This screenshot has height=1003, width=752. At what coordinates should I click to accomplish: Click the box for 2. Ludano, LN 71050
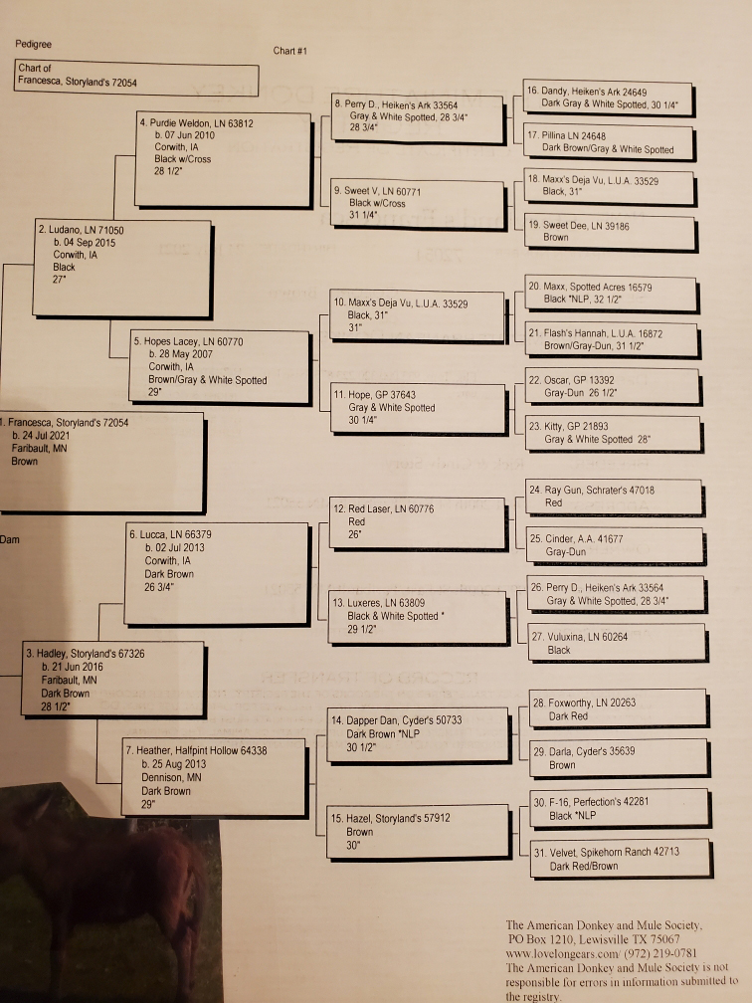click(x=122, y=269)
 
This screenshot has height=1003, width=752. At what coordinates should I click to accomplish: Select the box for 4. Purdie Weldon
click(x=224, y=160)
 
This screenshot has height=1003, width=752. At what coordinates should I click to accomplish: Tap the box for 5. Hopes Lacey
click(x=221, y=367)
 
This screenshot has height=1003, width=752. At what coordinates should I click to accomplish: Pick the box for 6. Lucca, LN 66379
click(x=218, y=574)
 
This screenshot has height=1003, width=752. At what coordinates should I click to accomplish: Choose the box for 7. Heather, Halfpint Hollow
click(x=215, y=777)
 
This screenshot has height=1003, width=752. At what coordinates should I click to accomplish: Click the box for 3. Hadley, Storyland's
click(x=113, y=680)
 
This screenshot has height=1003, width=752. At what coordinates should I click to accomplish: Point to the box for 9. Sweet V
click(x=419, y=205)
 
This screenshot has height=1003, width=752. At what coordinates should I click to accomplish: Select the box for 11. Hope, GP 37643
click(x=419, y=408)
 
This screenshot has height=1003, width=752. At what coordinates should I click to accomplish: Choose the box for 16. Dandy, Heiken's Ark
click(x=609, y=99)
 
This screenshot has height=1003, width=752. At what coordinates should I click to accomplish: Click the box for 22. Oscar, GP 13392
click(x=613, y=386)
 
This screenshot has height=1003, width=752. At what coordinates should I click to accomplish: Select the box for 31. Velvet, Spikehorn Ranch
click(x=622, y=859)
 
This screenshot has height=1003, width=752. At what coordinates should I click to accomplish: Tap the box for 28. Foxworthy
click(x=620, y=708)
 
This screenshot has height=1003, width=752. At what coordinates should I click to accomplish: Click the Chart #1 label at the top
click(x=289, y=51)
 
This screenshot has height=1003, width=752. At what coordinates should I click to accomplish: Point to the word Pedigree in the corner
click(x=33, y=44)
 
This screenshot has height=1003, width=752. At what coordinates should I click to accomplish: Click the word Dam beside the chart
click(x=10, y=539)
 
